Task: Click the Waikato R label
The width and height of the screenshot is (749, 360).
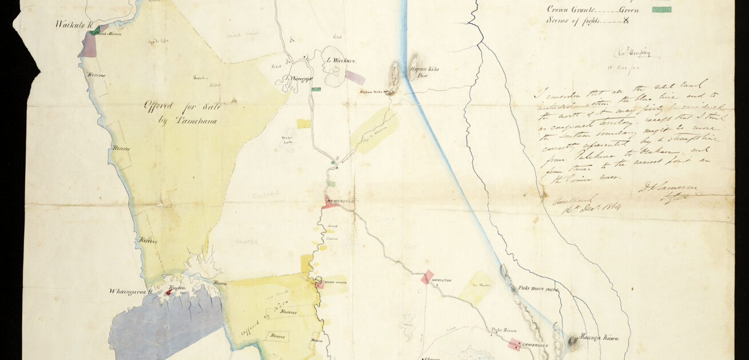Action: [x=73, y=24]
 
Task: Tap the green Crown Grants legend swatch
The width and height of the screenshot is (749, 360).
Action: [x=662, y=9]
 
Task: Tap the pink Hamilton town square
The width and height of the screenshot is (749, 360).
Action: [x=427, y=277]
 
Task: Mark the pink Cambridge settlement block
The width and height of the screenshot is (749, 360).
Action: [x=515, y=345]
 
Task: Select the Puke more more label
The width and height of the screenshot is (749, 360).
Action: [x=538, y=289]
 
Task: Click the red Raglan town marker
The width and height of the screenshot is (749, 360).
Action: [x=168, y=293]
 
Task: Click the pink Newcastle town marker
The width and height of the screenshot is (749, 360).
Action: [x=330, y=202]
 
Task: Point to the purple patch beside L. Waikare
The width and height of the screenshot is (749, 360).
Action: [x=354, y=77]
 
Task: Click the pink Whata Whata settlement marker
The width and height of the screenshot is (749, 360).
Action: [x=319, y=284]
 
